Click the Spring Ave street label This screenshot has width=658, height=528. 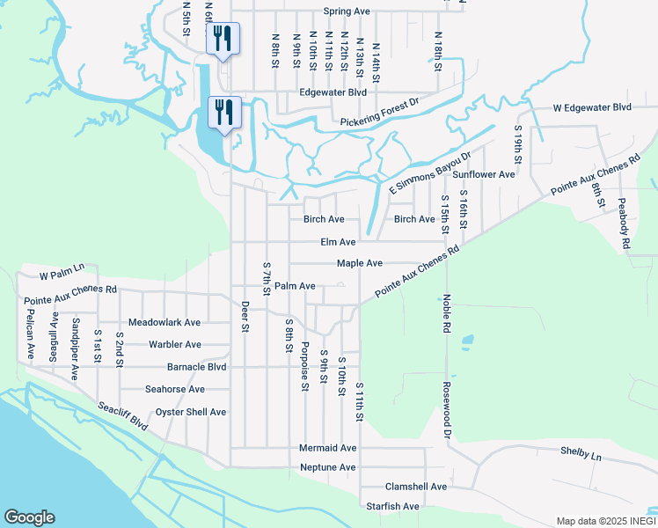346,11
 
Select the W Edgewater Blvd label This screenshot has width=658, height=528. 592,107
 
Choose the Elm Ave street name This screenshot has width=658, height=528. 337,242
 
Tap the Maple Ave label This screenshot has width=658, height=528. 359,263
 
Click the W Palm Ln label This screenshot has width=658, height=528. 61,267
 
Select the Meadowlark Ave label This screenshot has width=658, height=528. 164,323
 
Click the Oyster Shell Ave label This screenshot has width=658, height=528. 191,412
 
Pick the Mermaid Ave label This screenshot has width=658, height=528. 327,448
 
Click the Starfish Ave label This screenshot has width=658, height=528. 392,506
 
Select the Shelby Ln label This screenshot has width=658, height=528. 581,457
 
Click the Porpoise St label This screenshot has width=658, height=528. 305,366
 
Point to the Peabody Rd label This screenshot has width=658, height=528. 625,223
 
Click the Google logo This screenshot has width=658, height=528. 29,517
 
